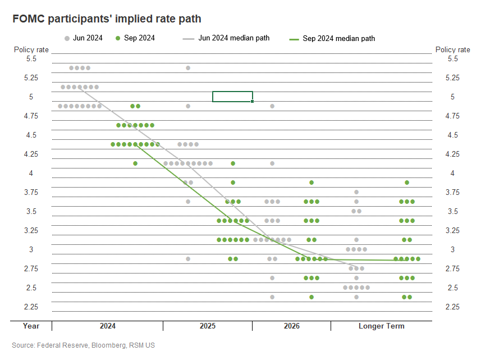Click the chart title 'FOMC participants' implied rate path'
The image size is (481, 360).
click(107, 19)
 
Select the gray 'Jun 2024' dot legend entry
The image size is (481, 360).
click(83, 38)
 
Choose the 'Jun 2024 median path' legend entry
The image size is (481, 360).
click(226, 38)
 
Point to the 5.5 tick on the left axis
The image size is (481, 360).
click(31, 58)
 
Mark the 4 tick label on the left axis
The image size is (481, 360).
click(31, 173)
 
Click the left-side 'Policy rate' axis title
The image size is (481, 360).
click(31, 49)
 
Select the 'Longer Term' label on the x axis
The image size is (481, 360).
click(381, 326)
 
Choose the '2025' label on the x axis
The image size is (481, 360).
click(208, 326)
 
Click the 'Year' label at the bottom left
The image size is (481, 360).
click(31, 326)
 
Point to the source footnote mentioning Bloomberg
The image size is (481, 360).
click(83, 344)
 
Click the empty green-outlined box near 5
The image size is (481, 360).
click(232, 96)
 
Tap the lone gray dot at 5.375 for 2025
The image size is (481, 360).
click(188, 68)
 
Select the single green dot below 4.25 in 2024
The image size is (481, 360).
click(135, 163)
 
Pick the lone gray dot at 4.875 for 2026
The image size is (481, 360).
click(272, 106)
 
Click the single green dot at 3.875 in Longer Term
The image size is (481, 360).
click(407, 183)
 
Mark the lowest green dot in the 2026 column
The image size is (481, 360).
click(311, 297)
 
